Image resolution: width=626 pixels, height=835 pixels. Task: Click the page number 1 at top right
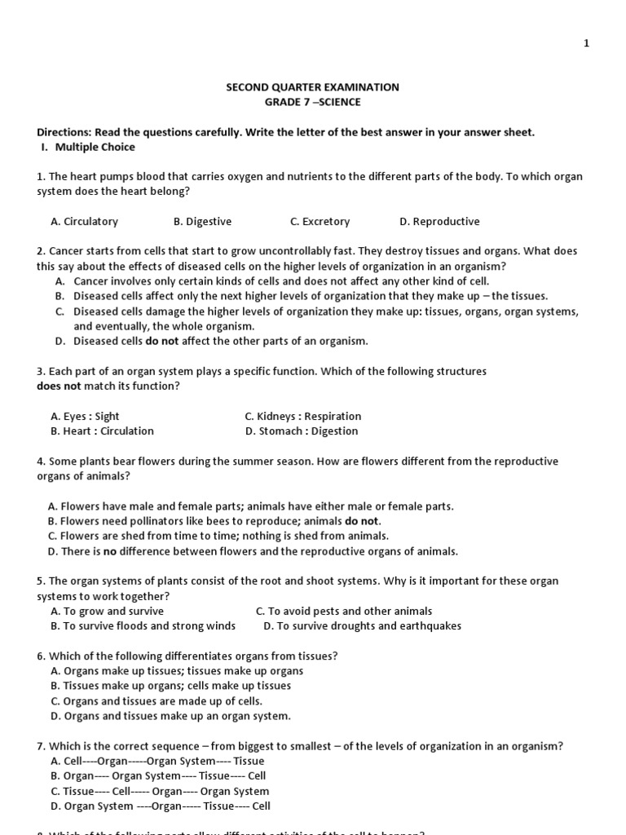point(586,44)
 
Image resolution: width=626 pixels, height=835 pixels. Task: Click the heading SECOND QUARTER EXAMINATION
point(312,87)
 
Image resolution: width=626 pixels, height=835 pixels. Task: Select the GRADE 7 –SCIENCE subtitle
point(312,102)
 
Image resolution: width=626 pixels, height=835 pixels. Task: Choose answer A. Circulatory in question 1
point(84,222)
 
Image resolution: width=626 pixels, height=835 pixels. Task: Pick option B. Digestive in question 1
point(202,222)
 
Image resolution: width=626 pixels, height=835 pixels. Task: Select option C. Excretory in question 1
point(320,222)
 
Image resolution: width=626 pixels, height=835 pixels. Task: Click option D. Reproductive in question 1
point(439,222)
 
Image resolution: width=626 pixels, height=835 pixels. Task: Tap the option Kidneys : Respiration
point(302,417)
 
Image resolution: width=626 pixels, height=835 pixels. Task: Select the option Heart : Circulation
point(102,431)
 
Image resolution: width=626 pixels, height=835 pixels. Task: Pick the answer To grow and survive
point(107,612)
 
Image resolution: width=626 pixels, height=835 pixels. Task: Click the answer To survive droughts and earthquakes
point(362,626)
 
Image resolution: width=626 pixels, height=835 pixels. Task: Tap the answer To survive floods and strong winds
point(143,626)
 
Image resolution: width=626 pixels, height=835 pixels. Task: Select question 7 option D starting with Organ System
point(160,806)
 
